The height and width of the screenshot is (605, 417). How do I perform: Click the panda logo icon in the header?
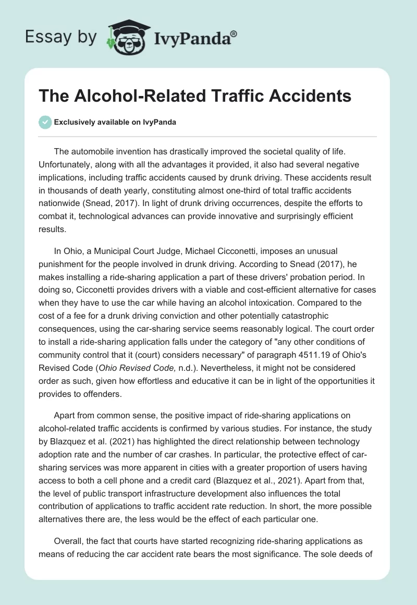(x=125, y=37)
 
